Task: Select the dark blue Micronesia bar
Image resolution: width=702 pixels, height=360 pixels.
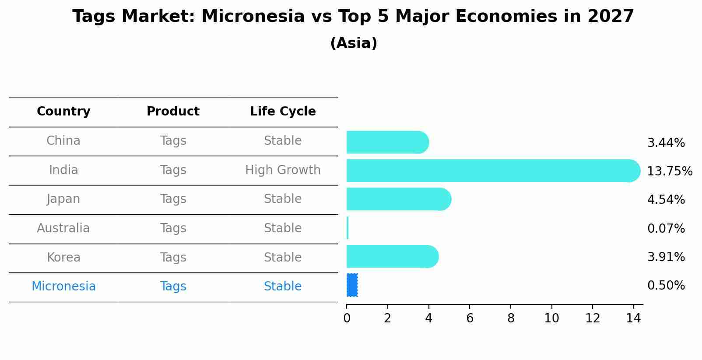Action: point(352,285)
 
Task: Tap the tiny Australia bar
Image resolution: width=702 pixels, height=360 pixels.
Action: point(347,228)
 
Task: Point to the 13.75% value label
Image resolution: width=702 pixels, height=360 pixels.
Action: point(669,171)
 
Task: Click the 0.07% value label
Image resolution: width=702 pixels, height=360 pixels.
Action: point(666,228)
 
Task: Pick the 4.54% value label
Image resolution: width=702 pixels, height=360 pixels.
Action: point(666,200)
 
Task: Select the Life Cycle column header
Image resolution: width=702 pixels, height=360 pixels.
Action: point(283,112)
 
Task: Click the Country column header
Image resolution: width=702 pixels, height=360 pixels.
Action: point(63,112)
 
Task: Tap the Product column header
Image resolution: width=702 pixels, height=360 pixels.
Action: point(173,112)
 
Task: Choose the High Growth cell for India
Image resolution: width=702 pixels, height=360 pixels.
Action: point(283,170)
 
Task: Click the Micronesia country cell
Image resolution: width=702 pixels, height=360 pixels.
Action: point(63,287)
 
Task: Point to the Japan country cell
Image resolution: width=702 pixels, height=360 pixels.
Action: point(63,199)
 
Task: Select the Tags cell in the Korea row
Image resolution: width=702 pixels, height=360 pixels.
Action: point(173,258)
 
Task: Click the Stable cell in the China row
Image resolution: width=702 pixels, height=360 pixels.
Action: point(283,141)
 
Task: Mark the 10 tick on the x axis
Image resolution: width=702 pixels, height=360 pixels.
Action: point(551,318)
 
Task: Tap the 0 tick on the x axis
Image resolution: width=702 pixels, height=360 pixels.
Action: point(347,318)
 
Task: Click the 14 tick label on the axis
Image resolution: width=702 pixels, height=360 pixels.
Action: point(633,318)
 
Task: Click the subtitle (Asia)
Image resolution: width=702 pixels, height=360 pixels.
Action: point(354,43)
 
